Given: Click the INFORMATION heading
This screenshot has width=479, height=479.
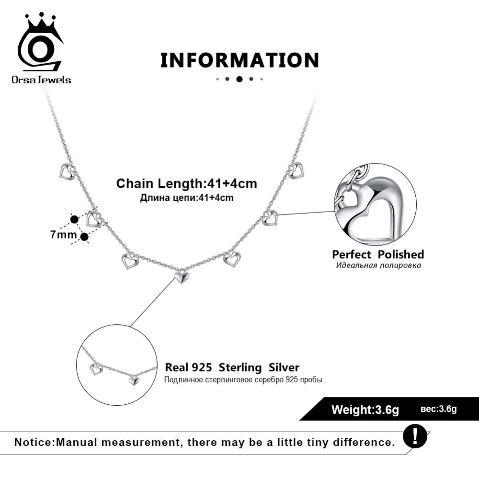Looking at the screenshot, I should (x=239, y=60).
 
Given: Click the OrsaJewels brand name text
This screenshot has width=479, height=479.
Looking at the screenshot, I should (x=41, y=80).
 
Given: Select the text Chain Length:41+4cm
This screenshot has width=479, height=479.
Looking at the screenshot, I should (x=187, y=183).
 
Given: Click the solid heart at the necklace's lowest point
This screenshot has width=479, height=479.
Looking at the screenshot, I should (x=181, y=276).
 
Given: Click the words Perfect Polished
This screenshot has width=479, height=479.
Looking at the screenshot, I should (x=378, y=254).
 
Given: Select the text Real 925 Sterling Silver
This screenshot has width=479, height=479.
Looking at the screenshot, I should (x=232, y=368).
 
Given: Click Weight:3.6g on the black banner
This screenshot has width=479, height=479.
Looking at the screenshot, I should (x=365, y=410).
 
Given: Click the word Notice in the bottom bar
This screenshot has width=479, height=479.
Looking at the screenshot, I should (x=34, y=442).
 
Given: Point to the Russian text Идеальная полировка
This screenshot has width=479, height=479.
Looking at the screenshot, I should (x=378, y=265).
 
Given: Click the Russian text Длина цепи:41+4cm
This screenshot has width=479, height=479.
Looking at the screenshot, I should (x=187, y=197).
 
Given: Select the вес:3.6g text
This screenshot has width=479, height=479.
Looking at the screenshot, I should (x=439, y=409).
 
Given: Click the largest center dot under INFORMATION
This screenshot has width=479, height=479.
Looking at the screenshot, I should (x=239, y=80).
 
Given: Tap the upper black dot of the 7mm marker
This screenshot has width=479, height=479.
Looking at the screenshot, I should (x=74, y=219).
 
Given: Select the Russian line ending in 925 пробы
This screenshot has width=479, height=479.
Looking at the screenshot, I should (x=243, y=380).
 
